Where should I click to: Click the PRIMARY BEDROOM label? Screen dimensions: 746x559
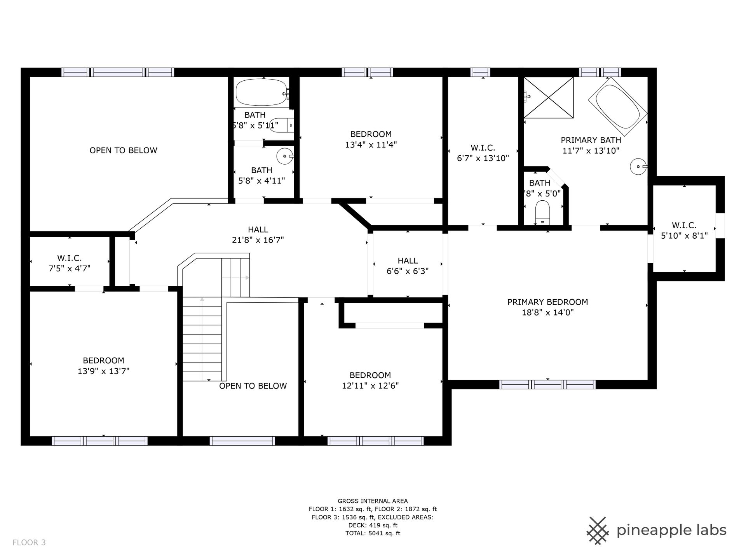tap(547, 307)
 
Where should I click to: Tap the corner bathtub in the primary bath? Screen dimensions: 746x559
tap(617, 103)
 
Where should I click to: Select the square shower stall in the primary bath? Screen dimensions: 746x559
tap(549, 97)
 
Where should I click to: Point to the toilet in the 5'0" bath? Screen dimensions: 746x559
tap(542, 212)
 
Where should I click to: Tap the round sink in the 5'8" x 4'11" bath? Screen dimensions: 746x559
tap(285, 156)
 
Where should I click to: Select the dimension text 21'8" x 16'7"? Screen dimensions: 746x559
tap(258, 240)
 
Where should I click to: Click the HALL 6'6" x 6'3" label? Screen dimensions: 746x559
tap(408, 266)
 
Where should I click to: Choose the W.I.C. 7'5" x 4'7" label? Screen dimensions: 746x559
tap(70, 263)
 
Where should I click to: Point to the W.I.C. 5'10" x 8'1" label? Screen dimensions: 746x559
tap(684, 230)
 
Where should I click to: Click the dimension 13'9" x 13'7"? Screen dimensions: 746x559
tap(103, 371)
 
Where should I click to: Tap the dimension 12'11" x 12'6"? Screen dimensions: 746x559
tap(370, 386)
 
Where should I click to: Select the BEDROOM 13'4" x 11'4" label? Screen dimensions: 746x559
tap(371, 139)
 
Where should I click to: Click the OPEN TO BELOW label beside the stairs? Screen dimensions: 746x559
tap(253, 386)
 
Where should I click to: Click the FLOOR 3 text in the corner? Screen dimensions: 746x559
tap(29, 543)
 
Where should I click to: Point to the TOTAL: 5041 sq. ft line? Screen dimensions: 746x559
tap(373, 533)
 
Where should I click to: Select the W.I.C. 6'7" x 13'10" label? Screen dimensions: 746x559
tap(483, 153)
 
